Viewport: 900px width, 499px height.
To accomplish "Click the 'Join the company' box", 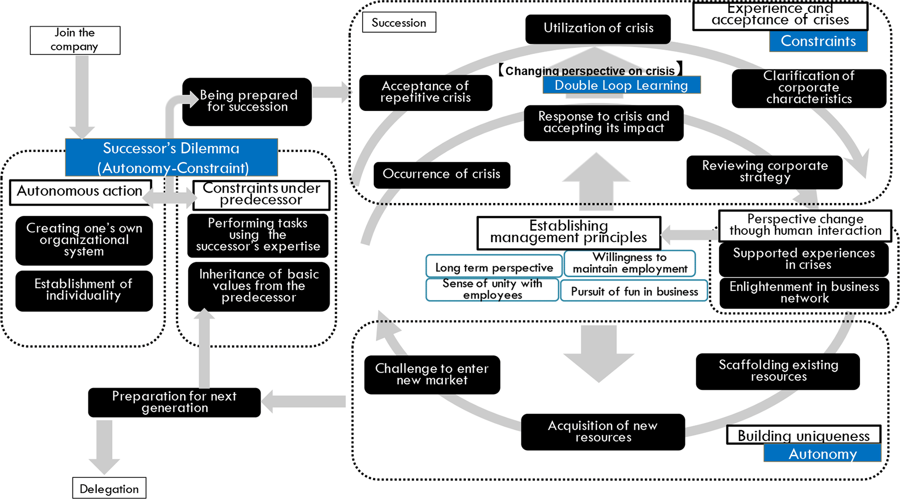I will [75, 40].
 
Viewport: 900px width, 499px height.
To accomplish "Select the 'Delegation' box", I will [109, 488].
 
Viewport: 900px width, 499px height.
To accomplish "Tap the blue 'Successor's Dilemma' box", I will [171, 157].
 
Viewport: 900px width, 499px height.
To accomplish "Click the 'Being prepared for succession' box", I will [247, 101].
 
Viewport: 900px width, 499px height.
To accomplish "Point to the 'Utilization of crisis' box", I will [598, 29].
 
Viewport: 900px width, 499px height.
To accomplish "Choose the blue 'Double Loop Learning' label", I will [621, 85].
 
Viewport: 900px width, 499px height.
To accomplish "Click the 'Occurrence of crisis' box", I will [441, 175].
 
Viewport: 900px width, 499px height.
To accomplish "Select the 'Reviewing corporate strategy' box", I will [764, 172].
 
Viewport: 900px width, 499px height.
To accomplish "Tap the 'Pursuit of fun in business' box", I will [634, 291].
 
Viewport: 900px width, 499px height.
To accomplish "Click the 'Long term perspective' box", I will [494, 267].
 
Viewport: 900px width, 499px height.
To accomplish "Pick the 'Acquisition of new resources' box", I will [603, 432].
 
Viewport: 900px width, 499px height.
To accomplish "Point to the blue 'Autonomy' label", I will [822, 454].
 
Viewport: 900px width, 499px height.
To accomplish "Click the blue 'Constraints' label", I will [818, 41].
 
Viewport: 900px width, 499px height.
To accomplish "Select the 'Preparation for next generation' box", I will [174, 402].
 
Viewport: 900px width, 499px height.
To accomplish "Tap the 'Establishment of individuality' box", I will [84, 290].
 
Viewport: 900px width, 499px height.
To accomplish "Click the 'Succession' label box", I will [399, 23].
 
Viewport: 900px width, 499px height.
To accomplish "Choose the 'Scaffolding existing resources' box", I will [778, 371].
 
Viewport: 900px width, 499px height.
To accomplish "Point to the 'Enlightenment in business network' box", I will [804, 293].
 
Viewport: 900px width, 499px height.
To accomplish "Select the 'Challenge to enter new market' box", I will [432, 375].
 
